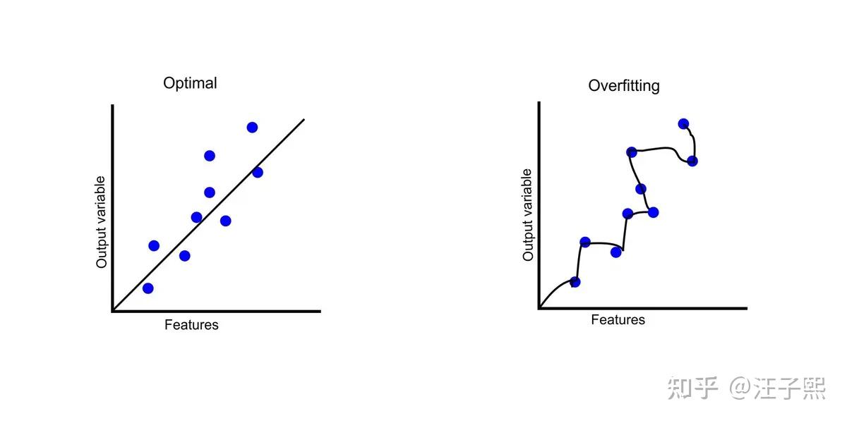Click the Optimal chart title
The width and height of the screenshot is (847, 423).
tap(190, 83)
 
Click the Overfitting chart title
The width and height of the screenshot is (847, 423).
tap(624, 86)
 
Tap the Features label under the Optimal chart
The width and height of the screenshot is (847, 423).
tap(191, 325)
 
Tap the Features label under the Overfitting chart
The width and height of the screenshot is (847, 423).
tap(618, 320)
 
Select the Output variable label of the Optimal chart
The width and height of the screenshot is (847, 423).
tap(102, 222)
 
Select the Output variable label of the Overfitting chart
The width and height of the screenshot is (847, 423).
tap(528, 215)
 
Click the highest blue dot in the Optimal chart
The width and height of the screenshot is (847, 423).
tap(252, 127)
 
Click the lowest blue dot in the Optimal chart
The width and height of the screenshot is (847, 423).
tap(148, 288)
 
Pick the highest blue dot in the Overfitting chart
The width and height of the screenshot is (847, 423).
tap(683, 123)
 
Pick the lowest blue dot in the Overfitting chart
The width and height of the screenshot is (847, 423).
tap(575, 282)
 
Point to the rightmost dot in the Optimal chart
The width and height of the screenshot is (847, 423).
tap(257, 172)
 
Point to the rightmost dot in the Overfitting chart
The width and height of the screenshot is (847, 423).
tap(692, 161)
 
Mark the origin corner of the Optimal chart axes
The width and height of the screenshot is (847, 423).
tap(112, 310)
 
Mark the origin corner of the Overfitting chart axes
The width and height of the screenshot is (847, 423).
tap(539, 308)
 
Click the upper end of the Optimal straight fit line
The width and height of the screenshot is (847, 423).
tap(304, 119)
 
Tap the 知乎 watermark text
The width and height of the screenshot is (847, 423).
tap(692, 388)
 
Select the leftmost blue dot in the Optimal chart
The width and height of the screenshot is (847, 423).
tap(148, 288)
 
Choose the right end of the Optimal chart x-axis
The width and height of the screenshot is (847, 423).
tap(320, 310)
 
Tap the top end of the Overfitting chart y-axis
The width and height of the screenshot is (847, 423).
tap(539, 103)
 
